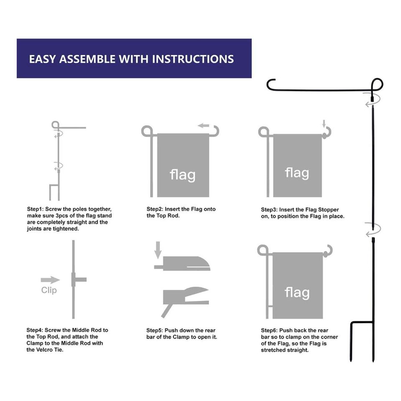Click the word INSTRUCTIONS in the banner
[x=193, y=59]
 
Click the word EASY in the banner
[x=42, y=59]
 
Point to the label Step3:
[x=269, y=210]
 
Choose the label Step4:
[x=35, y=330]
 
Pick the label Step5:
[x=155, y=330]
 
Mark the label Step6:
[x=269, y=330]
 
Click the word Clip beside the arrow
[x=49, y=290]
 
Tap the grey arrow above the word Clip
[x=50, y=280]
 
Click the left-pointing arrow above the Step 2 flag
[x=203, y=126]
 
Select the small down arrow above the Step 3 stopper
[x=324, y=124]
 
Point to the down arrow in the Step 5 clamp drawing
[x=158, y=250]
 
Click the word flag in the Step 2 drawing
[x=183, y=175]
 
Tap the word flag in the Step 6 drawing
[x=297, y=292]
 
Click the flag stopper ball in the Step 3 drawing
[x=325, y=135]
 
